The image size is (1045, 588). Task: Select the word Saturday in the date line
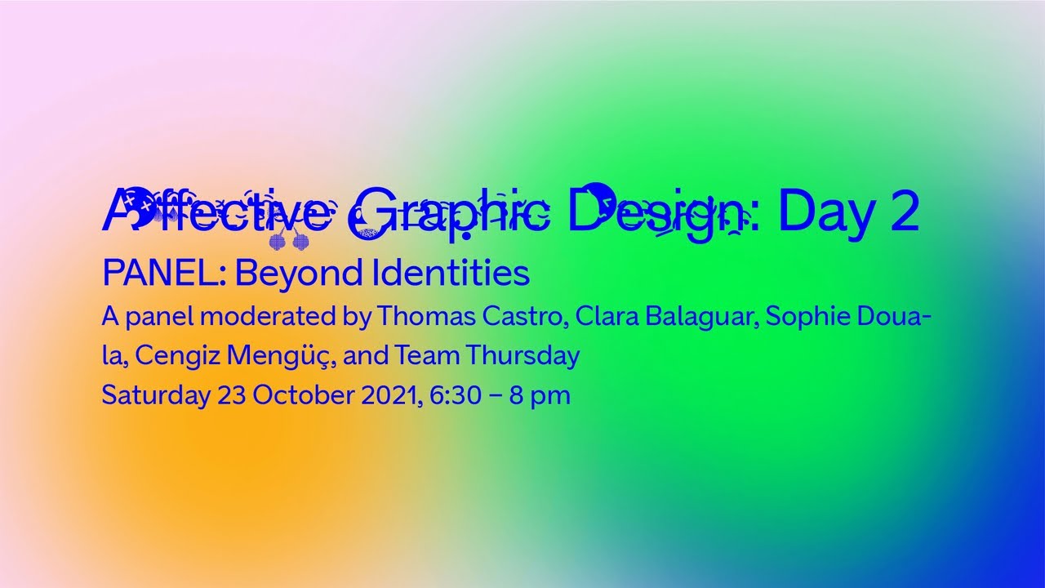point(155,396)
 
